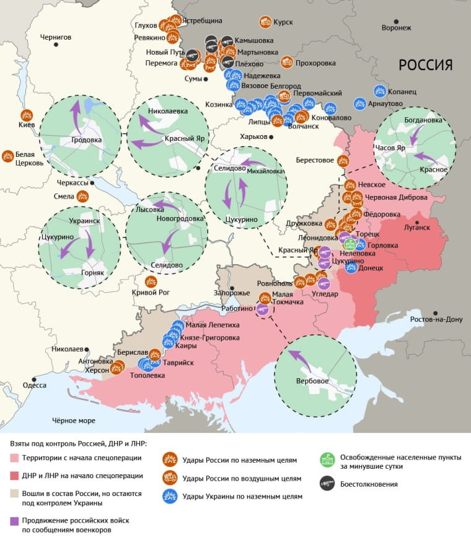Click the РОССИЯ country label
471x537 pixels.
click(x=425, y=64)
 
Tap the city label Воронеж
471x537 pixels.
click(x=397, y=27)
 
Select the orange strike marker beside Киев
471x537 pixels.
click(x=27, y=115)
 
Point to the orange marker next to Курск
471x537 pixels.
click(x=265, y=22)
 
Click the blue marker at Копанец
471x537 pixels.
click(x=380, y=91)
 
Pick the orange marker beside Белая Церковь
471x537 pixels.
click(x=8, y=156)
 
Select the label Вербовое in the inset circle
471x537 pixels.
click(x=312, y=380)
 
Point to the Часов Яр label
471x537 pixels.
click(x=390, y=149)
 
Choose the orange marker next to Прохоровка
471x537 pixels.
click(x=287, y=62)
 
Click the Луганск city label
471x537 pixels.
click(x=417, y=228)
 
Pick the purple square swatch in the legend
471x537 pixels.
click(x=14, y=521)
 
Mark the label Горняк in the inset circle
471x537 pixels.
click(x=92, y=273)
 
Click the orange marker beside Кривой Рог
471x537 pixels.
click(x=151, y=282)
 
